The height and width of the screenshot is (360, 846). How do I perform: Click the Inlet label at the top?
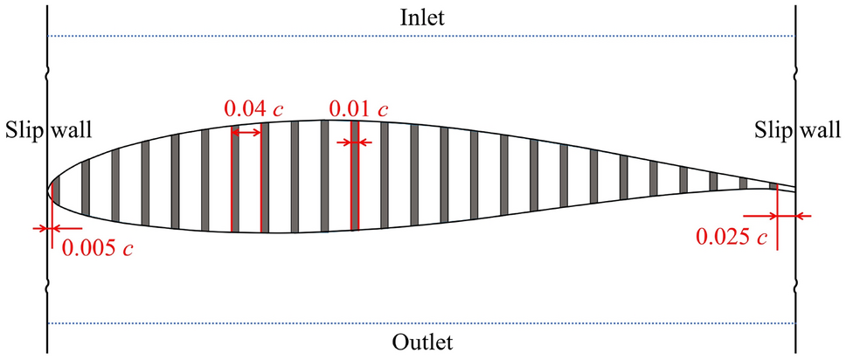423,17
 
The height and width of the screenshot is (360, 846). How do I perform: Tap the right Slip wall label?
797,130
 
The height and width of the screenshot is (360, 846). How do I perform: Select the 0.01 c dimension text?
358,109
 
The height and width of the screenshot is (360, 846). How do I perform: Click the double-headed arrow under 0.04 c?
246,132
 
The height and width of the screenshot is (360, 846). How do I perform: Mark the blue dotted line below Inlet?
421,36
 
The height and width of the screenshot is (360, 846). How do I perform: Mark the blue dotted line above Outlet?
421,323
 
